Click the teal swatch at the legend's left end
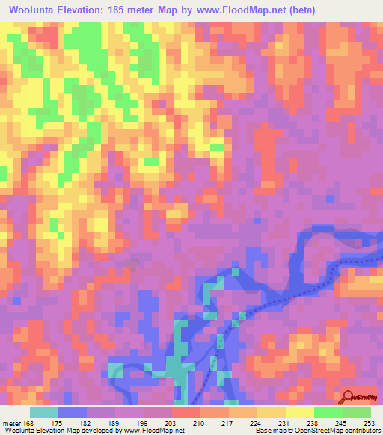point(44,412)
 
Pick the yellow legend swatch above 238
point(300,412)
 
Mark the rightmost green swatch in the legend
point(357,412)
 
